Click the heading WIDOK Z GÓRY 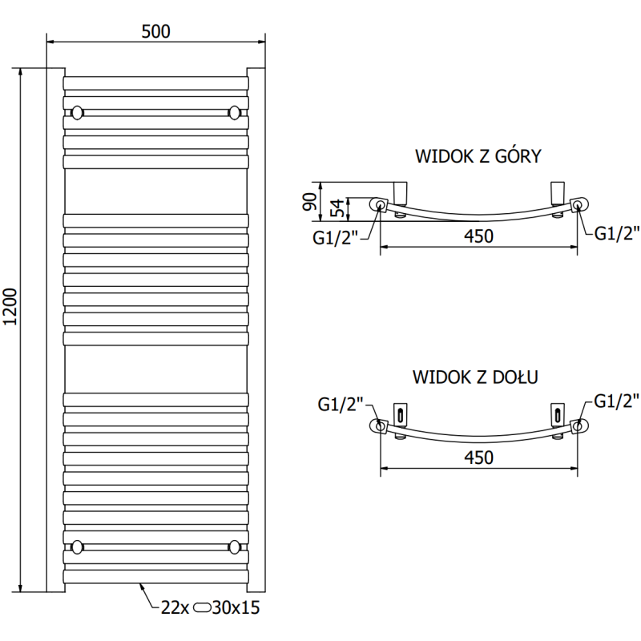coord(478,156)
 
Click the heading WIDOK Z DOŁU coord(475,375)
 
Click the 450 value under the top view coord(477,236)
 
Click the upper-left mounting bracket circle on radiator coord(77,111)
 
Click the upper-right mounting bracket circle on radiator coord(235,111)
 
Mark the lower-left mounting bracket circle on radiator coord(77,547)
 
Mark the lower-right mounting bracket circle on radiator coord(235,547)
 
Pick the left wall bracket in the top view coord(401,193)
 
